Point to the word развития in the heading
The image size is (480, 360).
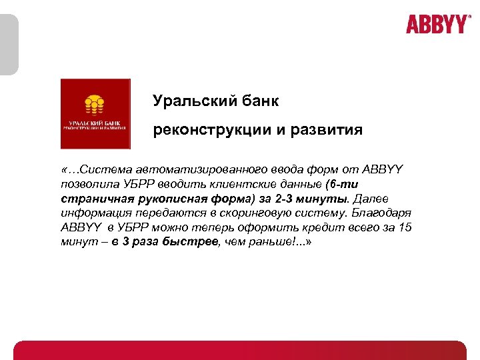point(327,129)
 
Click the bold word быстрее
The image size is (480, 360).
point(193,243)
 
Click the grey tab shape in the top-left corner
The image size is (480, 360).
point(9,44)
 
